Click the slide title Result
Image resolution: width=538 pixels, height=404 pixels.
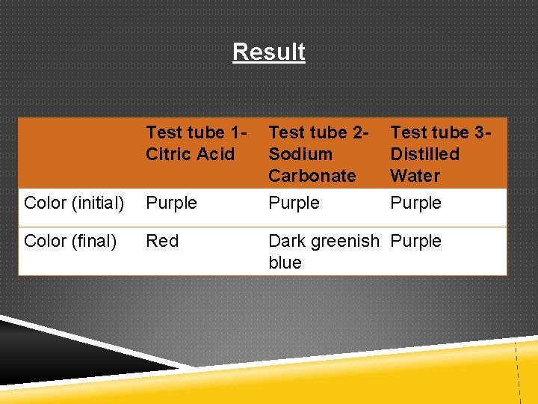click(268, 52)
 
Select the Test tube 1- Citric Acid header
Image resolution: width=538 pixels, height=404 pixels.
click(197, 143)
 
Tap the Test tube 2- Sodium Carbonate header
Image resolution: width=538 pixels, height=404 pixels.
click(318, 154)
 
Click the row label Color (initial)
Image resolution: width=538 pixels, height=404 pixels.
click(74, 203)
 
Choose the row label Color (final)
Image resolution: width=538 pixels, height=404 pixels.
click(70, 241)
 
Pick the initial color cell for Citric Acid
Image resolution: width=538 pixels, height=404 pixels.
click(172, 203)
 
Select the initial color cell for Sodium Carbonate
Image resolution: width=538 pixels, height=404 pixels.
click(294, 203)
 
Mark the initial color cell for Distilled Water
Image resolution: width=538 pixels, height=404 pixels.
click(416, 203)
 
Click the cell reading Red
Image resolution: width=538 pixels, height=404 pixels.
click(162, 241)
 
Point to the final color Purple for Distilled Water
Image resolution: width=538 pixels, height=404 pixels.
click(416, 241)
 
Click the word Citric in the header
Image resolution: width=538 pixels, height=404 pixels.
click(168, 154)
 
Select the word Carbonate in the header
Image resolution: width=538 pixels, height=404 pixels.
click(312, 176)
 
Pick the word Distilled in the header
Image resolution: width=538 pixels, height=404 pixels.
click(424, 154)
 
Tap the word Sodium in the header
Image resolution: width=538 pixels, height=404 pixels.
click(300, 154)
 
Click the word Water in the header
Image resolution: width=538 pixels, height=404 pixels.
click(415, 176)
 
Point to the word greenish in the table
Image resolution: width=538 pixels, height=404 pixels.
click(347, 241)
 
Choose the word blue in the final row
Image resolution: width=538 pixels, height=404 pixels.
click(285, 263)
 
